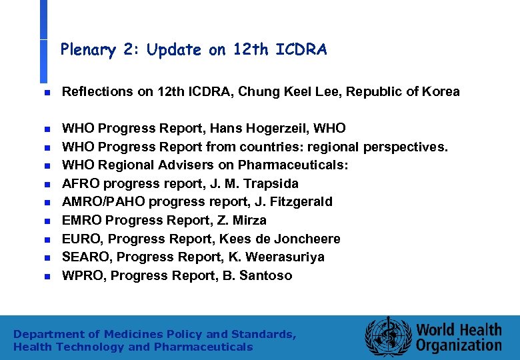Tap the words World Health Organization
(x=459, y=337)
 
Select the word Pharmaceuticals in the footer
(x=203, y=347)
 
